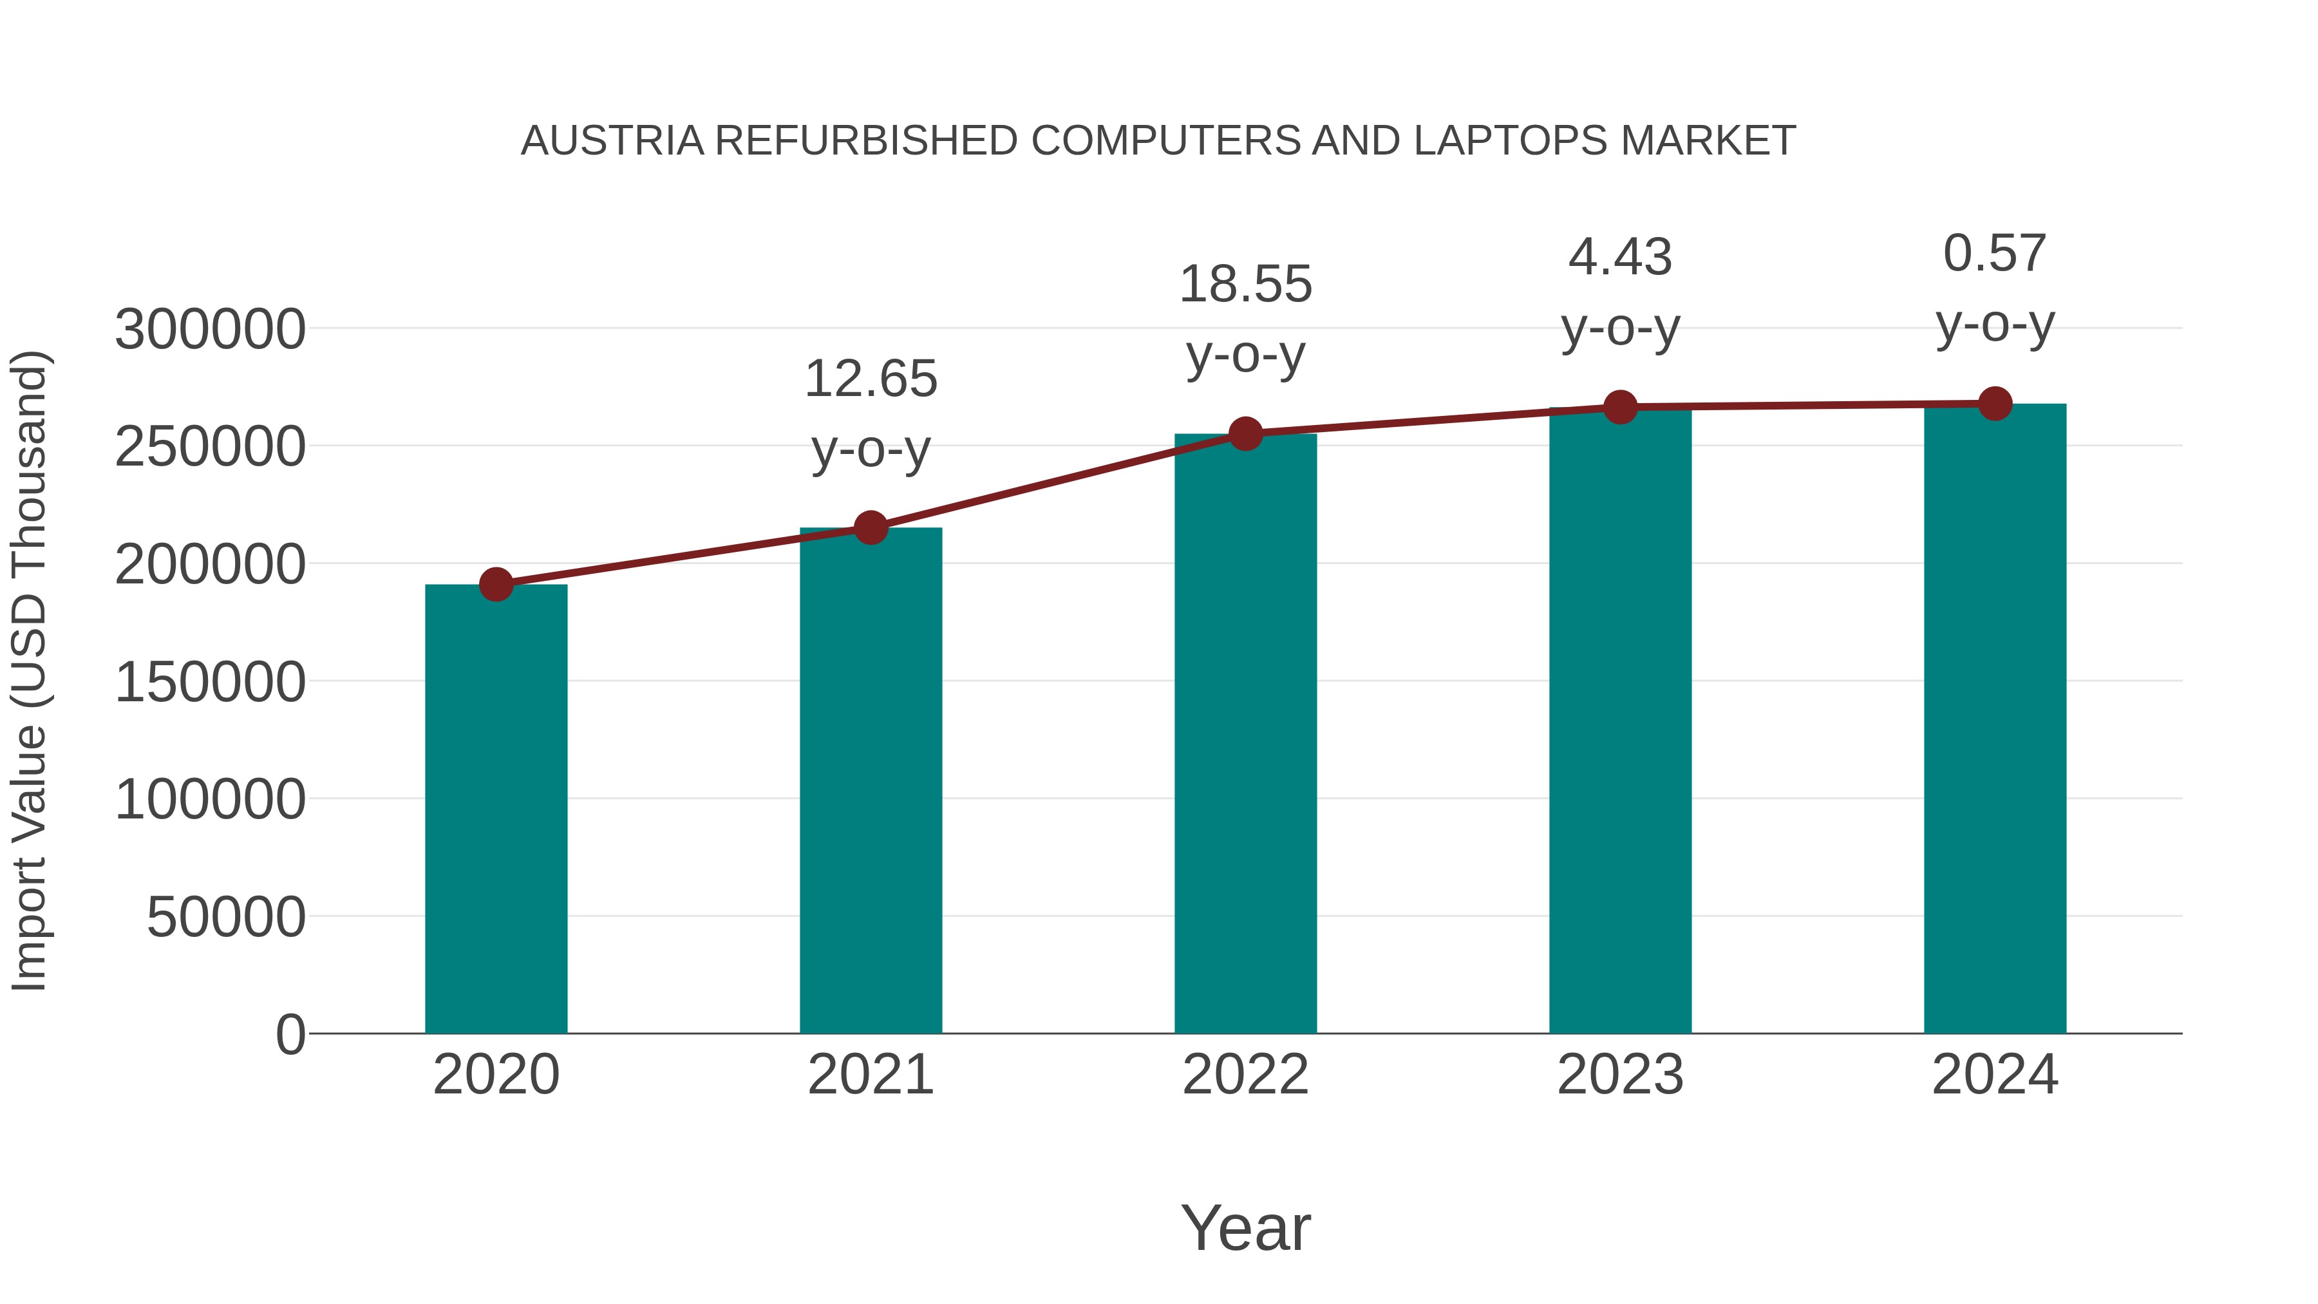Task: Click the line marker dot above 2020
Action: click(x=496, y=585)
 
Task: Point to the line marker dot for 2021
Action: click(x=871, y=527)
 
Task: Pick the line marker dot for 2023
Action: click(x=1620, y=407)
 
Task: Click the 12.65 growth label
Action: click(x=871, y=379)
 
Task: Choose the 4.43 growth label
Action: click(x=1620, y=258)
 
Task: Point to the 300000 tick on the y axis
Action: click(x=210, y=329)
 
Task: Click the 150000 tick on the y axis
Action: click(x=210, y=682)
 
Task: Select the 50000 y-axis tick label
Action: click(x=226, y=918)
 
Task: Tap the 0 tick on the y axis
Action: click(x=290, y=1035)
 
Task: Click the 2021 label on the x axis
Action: click(x=871, y=1075)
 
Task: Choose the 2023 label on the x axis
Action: click(x=1620, y=1075)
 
